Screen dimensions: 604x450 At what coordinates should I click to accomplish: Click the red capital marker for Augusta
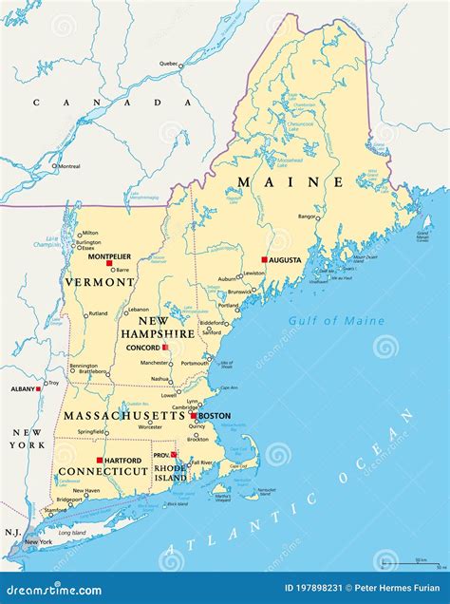point(264,259)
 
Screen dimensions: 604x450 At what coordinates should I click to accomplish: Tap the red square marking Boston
point(194,416)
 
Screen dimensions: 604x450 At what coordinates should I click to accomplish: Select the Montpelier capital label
point(109,256)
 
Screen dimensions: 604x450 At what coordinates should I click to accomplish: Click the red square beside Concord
point(165,348)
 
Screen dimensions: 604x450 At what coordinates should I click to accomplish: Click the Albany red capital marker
point(39,388)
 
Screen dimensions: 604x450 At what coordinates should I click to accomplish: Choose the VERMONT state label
point(99,282)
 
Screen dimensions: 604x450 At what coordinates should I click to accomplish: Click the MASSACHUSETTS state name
point(124,416)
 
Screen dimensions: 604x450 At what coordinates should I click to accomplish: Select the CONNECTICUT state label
point(102,471)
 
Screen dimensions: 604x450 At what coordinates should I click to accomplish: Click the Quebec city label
point(169,64)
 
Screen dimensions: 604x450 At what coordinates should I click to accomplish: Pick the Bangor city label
point(308,217)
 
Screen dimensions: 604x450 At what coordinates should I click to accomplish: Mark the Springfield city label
point(91,431)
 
